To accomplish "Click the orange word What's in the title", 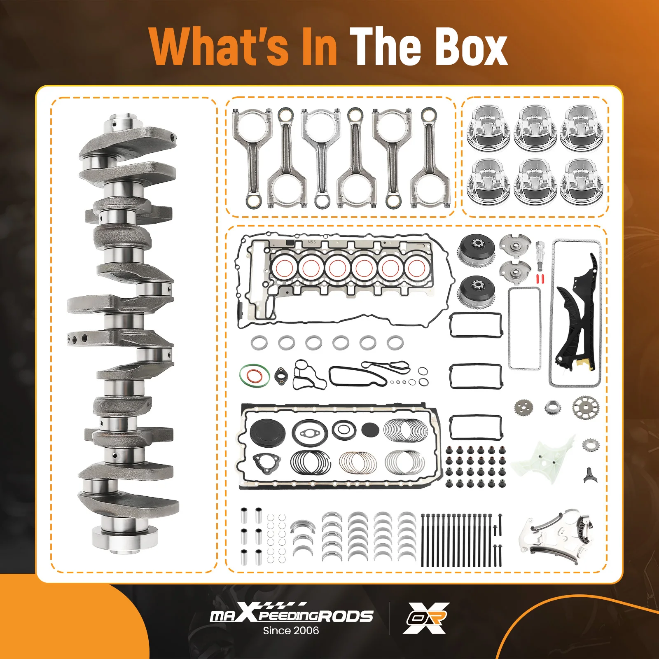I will point(218,46).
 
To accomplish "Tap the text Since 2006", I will point(291,631).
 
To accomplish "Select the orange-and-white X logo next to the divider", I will point(426,617).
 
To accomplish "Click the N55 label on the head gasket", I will point(312,242).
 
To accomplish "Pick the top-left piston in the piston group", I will point(488,127).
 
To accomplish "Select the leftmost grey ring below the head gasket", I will point(259,342).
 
